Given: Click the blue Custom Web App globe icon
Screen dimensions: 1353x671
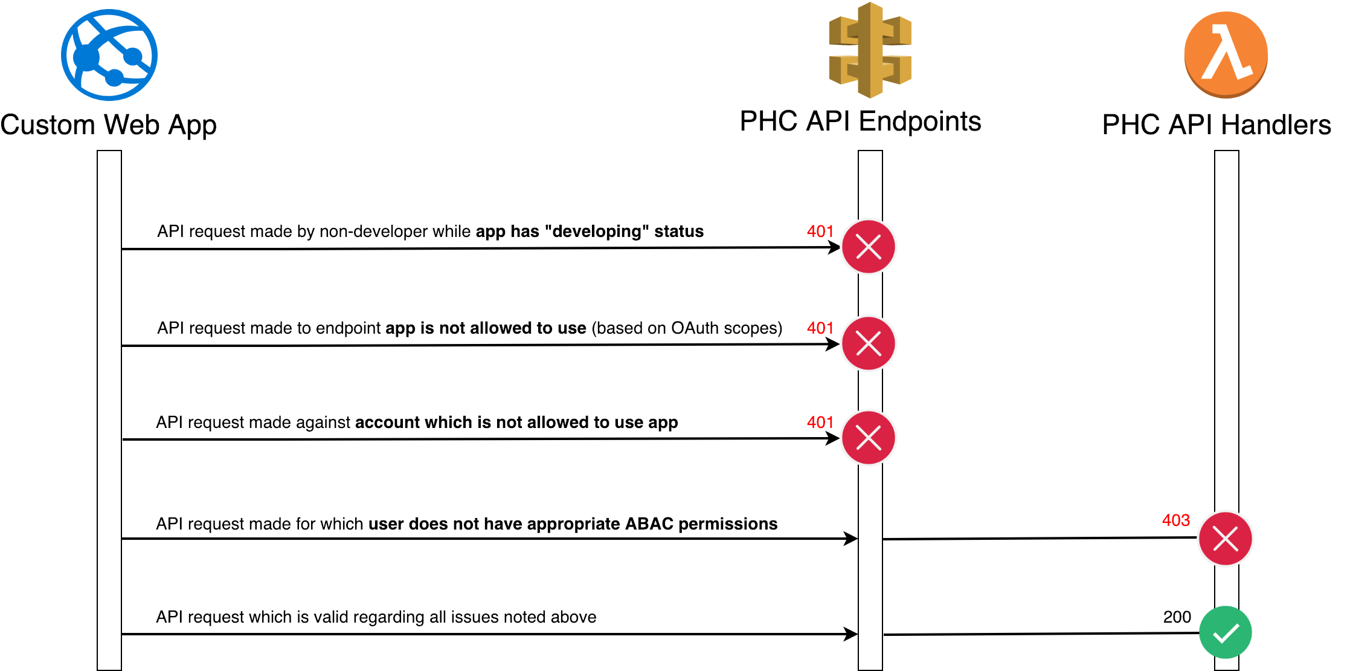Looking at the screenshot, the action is click(x=109, y=55).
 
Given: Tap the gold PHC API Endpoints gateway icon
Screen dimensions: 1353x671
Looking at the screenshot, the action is click(x=870, y=50).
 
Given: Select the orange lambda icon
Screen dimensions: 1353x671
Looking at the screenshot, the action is click(x=1226, y=54).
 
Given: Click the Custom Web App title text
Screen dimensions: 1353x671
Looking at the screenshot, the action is click(x=109, y=126).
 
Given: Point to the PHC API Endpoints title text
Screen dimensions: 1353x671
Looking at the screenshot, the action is click(x=861, y=122).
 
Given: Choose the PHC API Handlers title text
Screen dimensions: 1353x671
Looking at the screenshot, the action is click(x=1217, y=125).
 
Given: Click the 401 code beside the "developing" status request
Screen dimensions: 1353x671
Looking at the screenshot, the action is click(x=820, y=231).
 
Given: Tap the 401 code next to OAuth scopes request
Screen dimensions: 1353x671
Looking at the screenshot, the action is click(x=820, y=328).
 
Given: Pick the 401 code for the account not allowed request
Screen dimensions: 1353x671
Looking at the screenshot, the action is click(x=820, y=422).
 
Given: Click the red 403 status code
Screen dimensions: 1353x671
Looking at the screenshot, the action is click(x=1176, y=520).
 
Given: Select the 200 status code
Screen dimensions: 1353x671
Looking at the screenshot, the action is click(x=1177, y=617).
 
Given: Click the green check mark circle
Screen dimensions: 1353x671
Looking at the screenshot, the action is click(x=1226, y=632).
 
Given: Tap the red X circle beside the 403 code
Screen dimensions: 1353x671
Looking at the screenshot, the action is click(x=1226, y=538).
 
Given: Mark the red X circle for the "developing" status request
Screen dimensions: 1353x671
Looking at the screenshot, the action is click(x=869, y=247).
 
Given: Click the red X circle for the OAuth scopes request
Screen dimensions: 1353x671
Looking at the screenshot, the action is click(x=869, y=343).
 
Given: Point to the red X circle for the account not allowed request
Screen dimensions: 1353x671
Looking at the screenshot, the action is click(x=869, y=438).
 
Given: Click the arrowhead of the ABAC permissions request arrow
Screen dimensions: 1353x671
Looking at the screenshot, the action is click(x=852, y=538).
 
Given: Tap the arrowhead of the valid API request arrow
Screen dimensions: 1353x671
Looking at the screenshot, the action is click(x=852, y=634).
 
